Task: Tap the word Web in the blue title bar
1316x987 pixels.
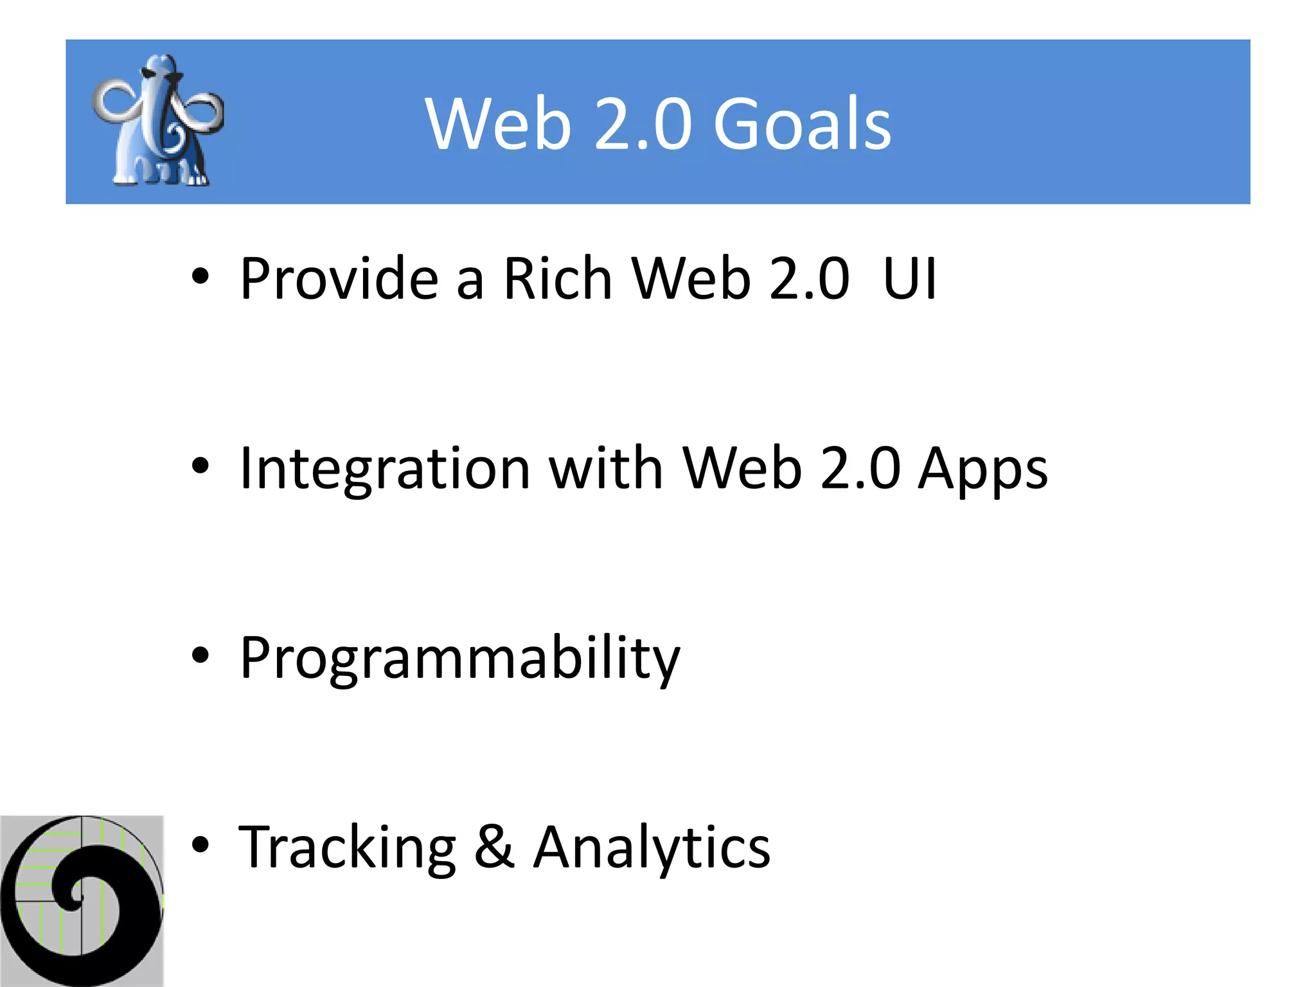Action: (498, 123)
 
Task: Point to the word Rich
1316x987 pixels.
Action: (557, 279)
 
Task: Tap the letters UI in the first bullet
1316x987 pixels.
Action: (910, 279)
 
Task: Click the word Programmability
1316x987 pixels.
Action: (459, 659)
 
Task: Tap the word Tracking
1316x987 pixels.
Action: (347, 849)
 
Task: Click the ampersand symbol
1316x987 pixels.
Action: (494, 848)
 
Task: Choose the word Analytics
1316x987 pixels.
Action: (652, 849)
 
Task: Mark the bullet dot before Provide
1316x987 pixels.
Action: (200, 276)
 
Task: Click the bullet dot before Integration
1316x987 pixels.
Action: (200, 466)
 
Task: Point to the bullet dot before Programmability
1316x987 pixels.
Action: (200, 655)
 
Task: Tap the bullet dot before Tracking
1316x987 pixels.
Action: (200, 845)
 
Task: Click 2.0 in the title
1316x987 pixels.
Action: (643, 123)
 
